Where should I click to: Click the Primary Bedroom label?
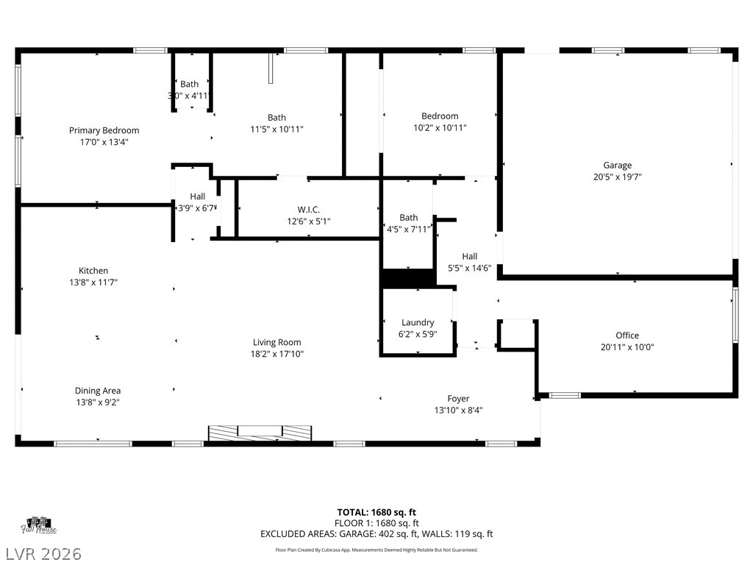coord(104,130)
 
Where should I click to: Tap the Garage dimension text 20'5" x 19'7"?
coord(617,177)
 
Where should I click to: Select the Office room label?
coord(627,335)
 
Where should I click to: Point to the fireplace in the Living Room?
coord(260,433)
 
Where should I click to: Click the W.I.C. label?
coord(308,210)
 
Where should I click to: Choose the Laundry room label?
coord(417,322)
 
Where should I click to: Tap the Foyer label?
coord(458,399)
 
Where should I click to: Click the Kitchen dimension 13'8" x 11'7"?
coord(93,282)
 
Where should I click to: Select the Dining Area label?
coord(97,391)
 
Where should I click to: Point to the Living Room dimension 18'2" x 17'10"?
coord(276,354)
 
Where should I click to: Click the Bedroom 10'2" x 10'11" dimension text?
coord(440,127)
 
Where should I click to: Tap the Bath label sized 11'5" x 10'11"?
coord(276,118)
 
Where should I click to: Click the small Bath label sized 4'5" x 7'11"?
coord(408,218)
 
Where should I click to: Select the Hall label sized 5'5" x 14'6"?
coord(469,256)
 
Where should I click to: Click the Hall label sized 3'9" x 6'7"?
coord(197,196)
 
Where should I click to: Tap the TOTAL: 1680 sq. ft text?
coord(376,512)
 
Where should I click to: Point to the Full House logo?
coord(39,525)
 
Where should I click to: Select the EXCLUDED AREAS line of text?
coord(376,534)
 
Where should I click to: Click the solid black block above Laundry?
coord(408,278)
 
